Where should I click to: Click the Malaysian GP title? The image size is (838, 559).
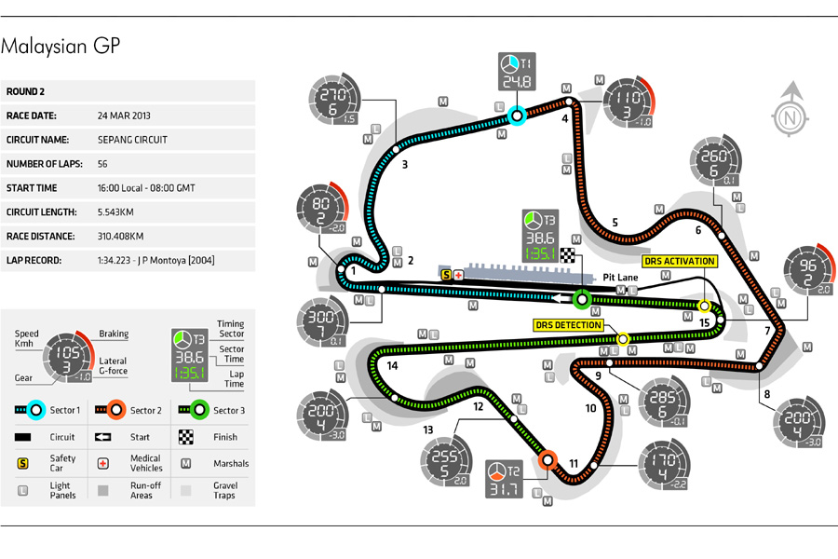pyautogui.click(x=61, y=47)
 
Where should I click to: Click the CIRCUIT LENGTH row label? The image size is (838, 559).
pyautogui.click(x=42, y=211)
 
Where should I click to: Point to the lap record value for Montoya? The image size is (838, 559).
pyautogui.click(x=155, y=260)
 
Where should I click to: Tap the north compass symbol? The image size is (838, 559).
pyautogui.click(x=791, y=116)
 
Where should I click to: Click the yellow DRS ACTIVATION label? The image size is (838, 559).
pyautogui.click(x=679, y=262)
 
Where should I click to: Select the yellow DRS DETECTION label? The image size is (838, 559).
pyautogui.click(x=568, y=325)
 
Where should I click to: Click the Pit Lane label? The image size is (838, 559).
pyautogui.click(x=620, y=277)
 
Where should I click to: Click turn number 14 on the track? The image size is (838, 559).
pyautogui.click(x=392, y=366)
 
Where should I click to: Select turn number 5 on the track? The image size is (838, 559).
pyautogui.click(x=615, y=223)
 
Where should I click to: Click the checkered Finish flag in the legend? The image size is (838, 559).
pyautogui.click(x=186, y=436)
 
